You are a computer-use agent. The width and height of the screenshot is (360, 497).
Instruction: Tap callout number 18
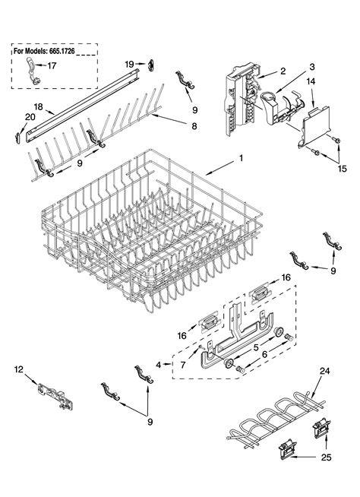click(x=38, y=106)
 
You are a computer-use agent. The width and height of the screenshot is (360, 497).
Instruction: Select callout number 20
click(x=30, y=116)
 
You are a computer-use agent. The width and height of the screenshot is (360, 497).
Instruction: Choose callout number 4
click(x=157, y=365)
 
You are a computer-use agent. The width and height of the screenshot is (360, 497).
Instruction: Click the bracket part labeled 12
click(x=52, y=394)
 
